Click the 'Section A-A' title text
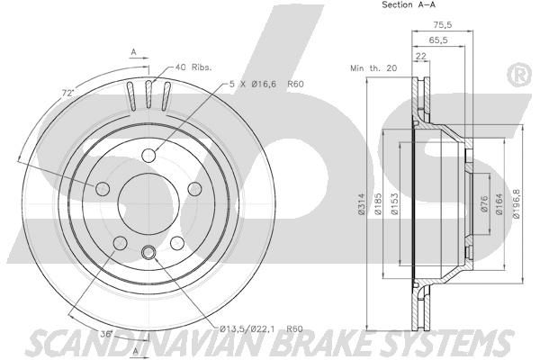(385, 5)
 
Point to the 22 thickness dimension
(421, 57)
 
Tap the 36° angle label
(105, 333)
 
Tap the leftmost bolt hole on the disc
(102, 188)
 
